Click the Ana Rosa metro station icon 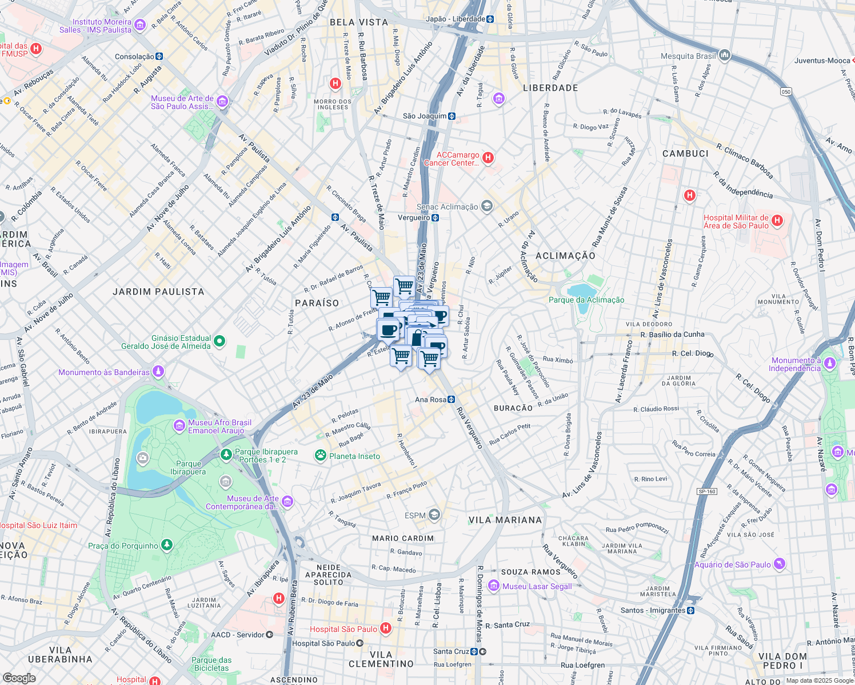tap(452, 400)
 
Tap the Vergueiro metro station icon tap(436, 217)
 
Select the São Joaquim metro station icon tap(452, 116)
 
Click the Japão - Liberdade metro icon tap(490, 19)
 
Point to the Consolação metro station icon tap(159, 57)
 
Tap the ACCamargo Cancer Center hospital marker tap(488, 158)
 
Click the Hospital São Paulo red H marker tap(386, 628)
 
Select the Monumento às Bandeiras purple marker tap(158, 372)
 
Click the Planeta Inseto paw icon tap(321, 456)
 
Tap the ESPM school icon tap(434, 515)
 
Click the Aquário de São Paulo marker tap(779, 565)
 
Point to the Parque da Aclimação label tap(586, 300)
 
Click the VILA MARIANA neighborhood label tap(505, 520)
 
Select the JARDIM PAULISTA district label tap(158, 292)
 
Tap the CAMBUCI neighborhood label tap(685, 154)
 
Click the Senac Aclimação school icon tap(486, 207)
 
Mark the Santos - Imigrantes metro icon tap(691, 610)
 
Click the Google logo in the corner tap(19, 678)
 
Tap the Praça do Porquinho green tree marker tap(166, 545)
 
